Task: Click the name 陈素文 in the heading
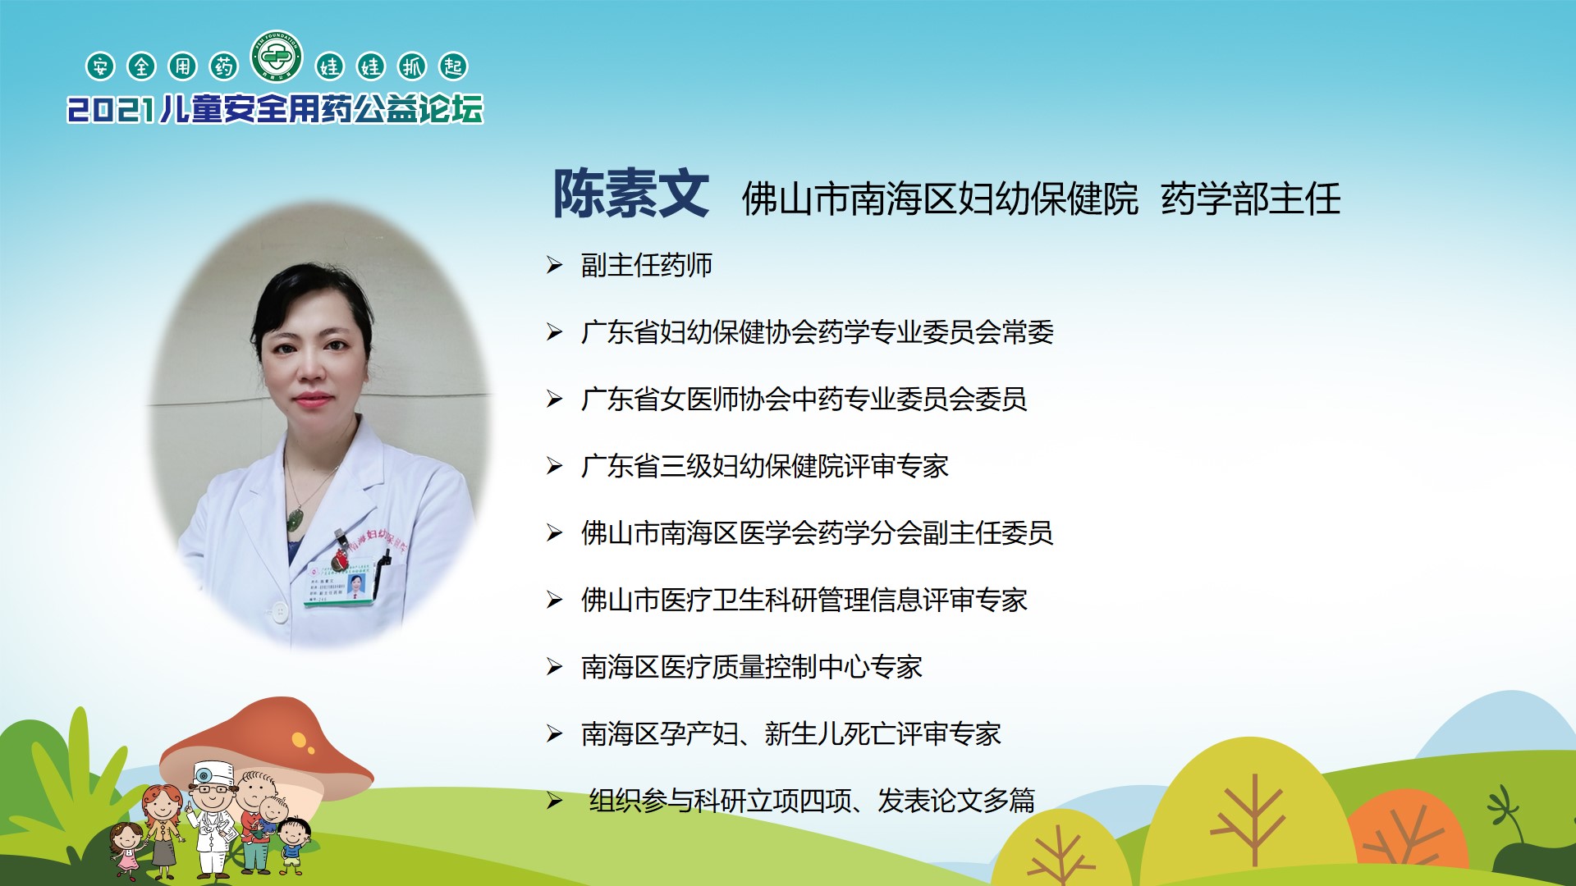click(630, 194)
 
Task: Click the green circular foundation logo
click(277, 57)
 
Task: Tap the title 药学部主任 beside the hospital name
click(1251, 199)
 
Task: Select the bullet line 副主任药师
click(647, 265)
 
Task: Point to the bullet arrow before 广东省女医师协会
click(555, 399)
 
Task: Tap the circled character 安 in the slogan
click(100, 66)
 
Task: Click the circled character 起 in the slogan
click(453, 66)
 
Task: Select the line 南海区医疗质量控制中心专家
click(752, 667)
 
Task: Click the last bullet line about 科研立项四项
click(812, 801)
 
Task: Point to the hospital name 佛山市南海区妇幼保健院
click(941, 199)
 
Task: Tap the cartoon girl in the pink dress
click(126, 850)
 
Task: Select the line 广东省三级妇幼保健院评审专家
click(765, 466)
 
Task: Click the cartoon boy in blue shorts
click(293, 845)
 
